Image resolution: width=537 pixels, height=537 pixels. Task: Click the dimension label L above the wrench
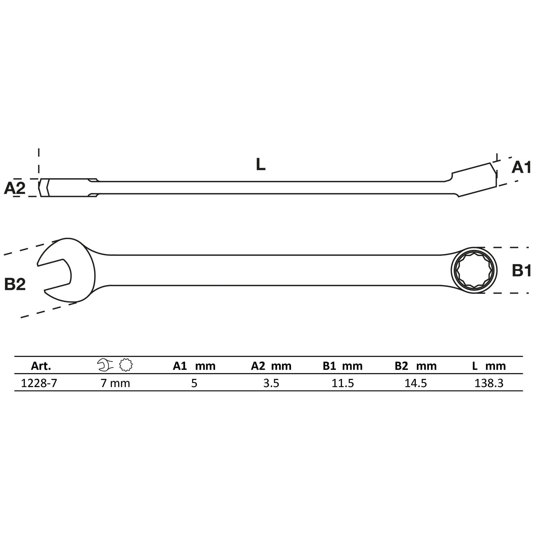pyautogui.click(x=260, y=164)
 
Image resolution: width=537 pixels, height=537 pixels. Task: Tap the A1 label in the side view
pyautogui.click(x=521, y=167)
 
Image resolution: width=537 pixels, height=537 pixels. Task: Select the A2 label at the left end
pyautogui.click(x=15, y=188)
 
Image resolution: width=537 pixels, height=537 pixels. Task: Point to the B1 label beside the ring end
pyautogui.click(x=522, y=271)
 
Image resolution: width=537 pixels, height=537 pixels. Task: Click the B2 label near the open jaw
pyautogui.click(x=15, y=284)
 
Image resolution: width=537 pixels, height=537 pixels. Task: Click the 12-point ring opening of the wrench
pyautogui.click(x=474, y=271)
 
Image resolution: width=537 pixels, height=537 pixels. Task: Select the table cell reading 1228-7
pyautogui.click(x=39, y=383)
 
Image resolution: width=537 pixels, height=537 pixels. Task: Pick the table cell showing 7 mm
pyautogui.click(x=115, y=383)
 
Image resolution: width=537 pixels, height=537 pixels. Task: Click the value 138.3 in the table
pyautogui.click(x=489, y=383)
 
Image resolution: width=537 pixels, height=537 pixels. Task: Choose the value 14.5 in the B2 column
pyautogui.click(x=416, y=383)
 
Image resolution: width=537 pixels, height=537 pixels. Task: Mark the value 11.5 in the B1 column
pyautogui.click(x=343, y=383)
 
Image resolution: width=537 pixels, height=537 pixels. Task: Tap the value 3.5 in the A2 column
pyautogui.click(x=271, y=383)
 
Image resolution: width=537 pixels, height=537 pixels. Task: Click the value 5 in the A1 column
pyautogui.click(x=194, y=383)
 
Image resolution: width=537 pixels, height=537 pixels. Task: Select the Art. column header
pyautogui.click(x=41, y=366)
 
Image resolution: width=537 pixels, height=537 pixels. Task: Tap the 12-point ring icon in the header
pyautogui.click(x=126, y=365)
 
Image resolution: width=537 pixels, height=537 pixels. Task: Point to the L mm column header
pyautogui.click(x=489, y=366)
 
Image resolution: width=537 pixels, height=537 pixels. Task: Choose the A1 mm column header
pyautogui.click(x=194, y=366)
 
